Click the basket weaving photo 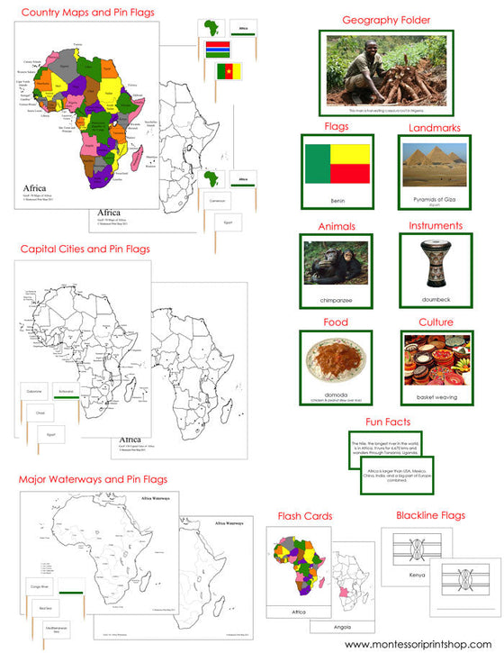coord(435,358)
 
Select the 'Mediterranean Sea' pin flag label coord(36,630)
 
